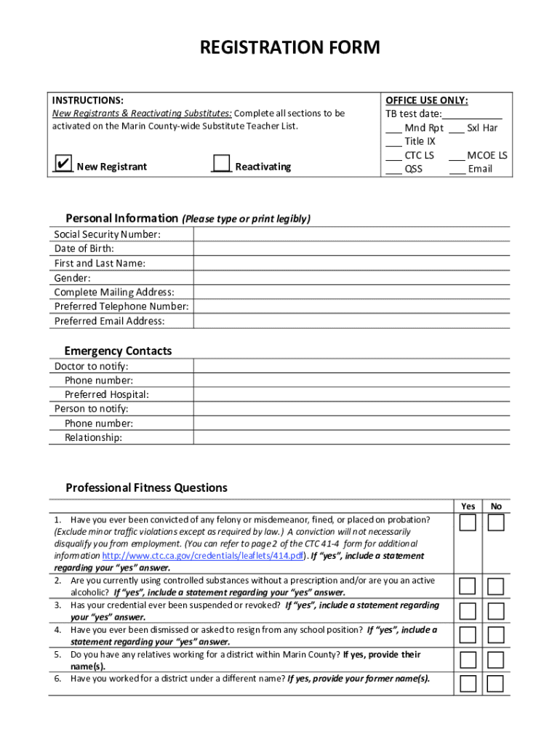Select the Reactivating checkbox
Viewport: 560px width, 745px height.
click(221, 163)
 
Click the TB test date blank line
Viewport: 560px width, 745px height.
click(472, 114)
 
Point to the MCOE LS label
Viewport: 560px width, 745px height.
click(487, 155)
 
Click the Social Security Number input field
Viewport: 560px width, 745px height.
click(351, 234)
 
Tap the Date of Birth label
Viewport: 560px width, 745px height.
click(84, 249)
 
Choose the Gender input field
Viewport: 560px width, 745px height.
click(351, 278)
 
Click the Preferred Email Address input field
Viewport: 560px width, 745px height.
click(351, 321)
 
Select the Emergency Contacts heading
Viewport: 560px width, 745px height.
click(118, 351)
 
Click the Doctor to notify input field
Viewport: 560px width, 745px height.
click(351, 366)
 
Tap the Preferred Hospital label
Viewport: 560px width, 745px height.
click(106, 394)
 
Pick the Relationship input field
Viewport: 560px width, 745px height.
click(351, 437)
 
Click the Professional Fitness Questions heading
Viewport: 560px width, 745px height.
click(146, 487)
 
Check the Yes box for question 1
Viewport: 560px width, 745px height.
click(468, 523)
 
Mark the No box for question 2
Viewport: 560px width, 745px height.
click(495, 586)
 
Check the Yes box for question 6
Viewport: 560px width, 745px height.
click(468, 684)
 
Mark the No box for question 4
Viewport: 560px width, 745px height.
click(495, 635)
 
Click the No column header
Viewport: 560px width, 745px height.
click(496, 506)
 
